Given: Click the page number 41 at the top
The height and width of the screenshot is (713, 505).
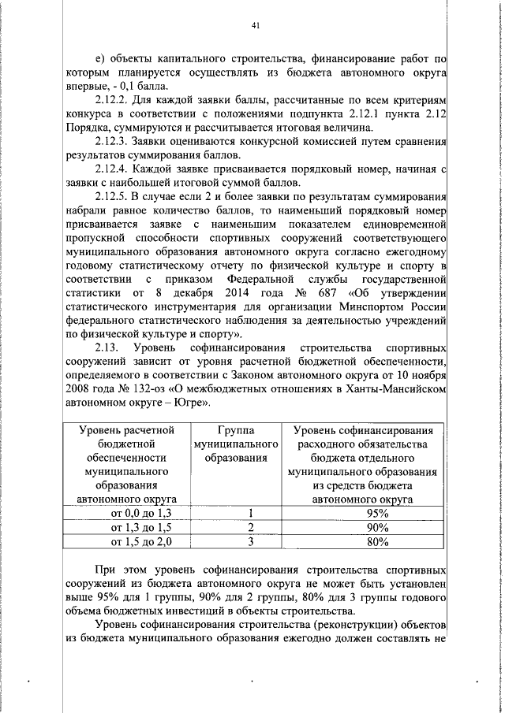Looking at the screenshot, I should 255,25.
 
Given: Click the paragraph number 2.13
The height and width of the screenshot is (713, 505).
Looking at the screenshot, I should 107,348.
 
